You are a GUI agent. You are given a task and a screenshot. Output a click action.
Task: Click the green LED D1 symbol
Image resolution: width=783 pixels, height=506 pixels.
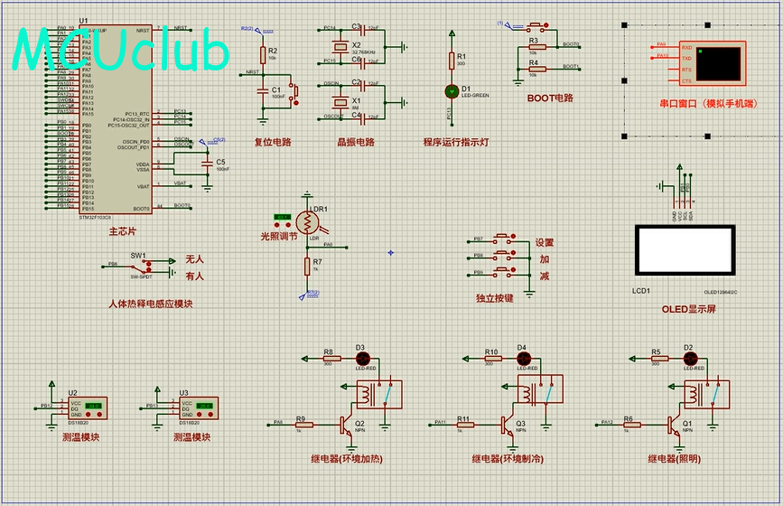[x=452, y=90]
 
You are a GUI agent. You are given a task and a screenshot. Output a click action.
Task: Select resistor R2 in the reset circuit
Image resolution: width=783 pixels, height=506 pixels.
[x=263, y=55]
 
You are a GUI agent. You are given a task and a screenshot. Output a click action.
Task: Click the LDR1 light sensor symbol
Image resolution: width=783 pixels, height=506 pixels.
[x=308, y=222]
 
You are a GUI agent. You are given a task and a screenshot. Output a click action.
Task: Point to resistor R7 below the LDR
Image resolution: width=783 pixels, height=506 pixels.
[x=307, y=266]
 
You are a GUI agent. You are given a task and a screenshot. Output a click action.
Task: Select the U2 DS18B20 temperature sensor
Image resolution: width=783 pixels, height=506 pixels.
[x=87, y=408]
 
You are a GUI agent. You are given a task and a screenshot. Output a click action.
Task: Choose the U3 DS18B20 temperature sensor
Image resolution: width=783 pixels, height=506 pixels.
[x=197, y=408]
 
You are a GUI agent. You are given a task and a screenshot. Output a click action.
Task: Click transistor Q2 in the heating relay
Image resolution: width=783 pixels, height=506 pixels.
[x=344, y=422]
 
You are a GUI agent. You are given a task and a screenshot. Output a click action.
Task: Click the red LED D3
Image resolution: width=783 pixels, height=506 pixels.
[x=360, y=359]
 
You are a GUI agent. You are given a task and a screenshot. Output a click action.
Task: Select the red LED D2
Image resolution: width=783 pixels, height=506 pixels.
[x=688, y=359]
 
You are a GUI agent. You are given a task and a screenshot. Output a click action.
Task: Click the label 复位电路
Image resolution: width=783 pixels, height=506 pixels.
[x=272, y=142]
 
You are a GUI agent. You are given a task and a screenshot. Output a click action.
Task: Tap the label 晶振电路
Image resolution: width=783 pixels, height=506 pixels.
[x=355, y=142]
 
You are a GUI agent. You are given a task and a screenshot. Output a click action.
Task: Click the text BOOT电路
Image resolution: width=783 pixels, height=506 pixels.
[x=550, y=98]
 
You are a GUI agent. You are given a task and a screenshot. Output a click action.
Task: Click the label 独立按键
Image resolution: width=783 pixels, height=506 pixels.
[x=494, y=296]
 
